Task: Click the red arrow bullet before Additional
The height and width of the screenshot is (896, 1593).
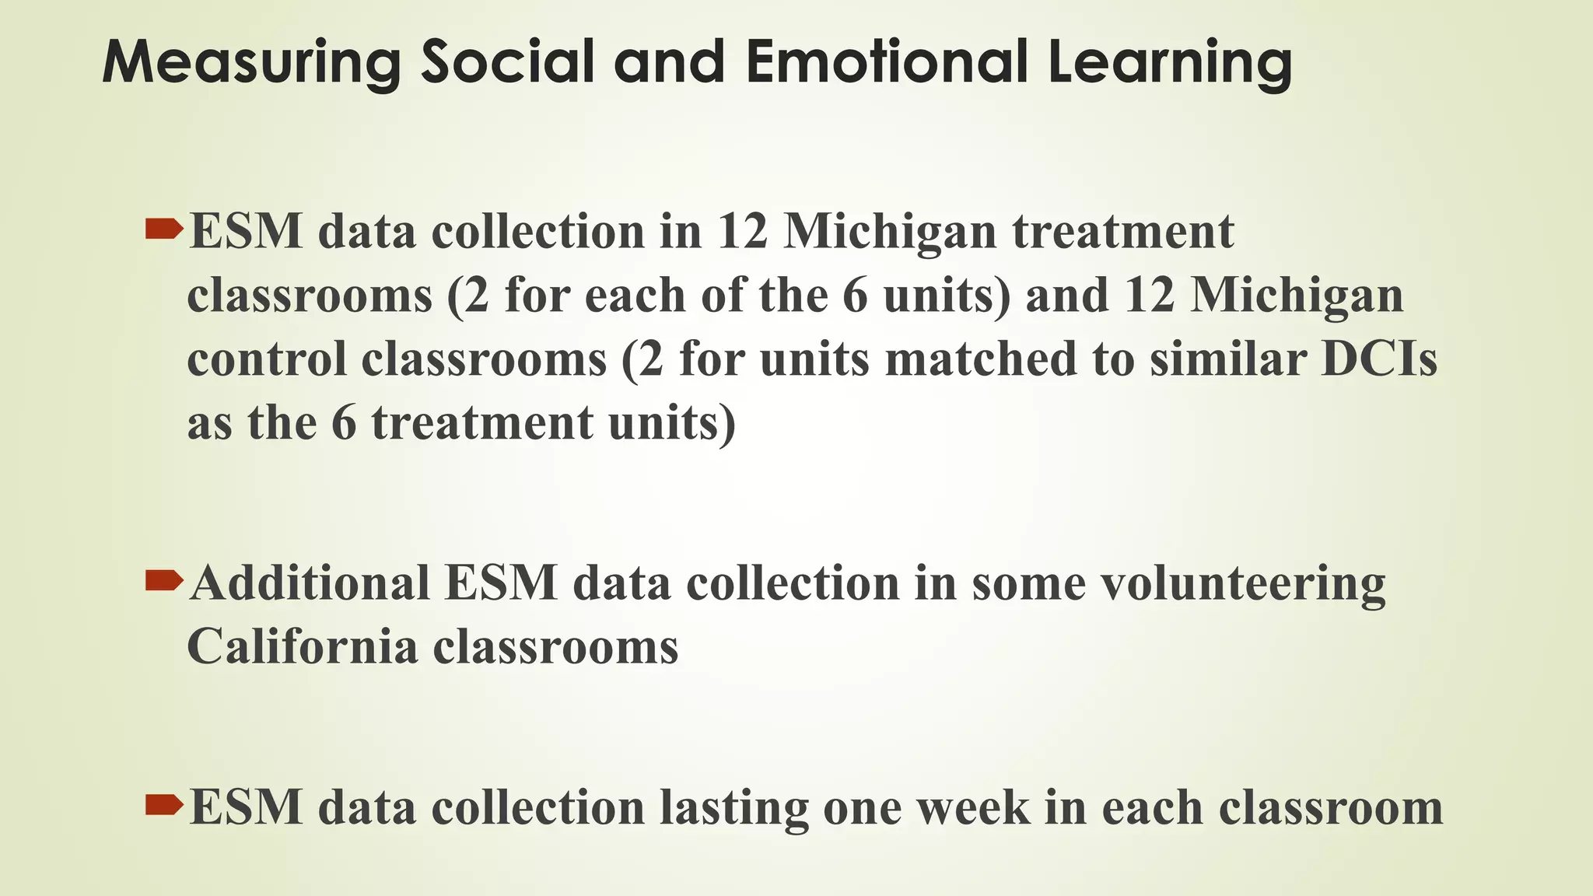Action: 163,579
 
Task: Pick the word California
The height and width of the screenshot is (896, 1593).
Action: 303,646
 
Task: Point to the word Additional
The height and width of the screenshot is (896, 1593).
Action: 310,583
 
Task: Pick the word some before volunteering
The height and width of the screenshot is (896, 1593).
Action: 1028,583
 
